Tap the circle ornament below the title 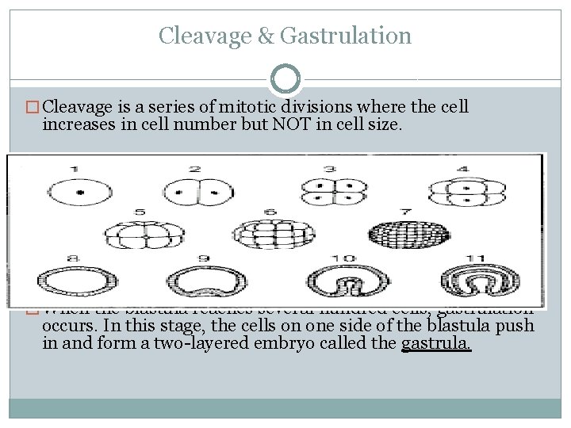click(x=285, y=78)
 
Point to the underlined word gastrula click(x=436, y=344)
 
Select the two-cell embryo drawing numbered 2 click(x=194, y=193)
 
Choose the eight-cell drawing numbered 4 click(x=463, y=193)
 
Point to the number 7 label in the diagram click(x=404, y=212)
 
